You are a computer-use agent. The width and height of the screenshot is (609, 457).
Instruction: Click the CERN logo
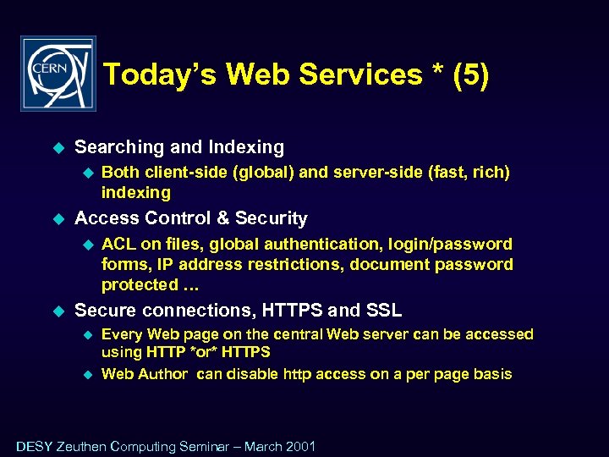point(58,74)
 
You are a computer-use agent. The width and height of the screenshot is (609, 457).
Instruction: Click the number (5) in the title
point(470,75)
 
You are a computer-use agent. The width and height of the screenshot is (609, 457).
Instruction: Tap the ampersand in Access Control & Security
point(222,218)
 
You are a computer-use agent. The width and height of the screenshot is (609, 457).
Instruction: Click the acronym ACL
point(119,245)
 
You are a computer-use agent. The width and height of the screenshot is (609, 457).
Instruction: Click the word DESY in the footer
point(34,447)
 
